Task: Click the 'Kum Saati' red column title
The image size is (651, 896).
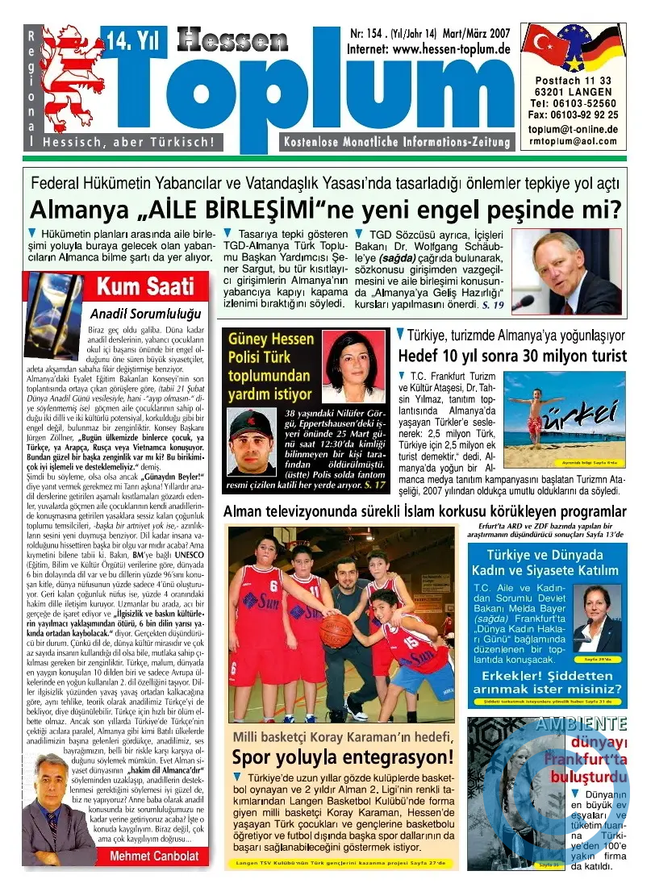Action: point(146,285)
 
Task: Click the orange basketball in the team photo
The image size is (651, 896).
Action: point(336,629)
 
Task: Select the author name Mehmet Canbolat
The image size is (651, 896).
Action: point(148,855)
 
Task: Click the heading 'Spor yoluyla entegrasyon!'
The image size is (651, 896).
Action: point(343,757)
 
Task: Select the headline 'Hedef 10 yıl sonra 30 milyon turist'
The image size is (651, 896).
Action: point(512,356)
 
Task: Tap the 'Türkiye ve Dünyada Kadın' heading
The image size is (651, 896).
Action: point(546,564)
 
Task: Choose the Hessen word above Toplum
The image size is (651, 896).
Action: point(232,40)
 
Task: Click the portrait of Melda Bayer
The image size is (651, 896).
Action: point(597,616)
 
